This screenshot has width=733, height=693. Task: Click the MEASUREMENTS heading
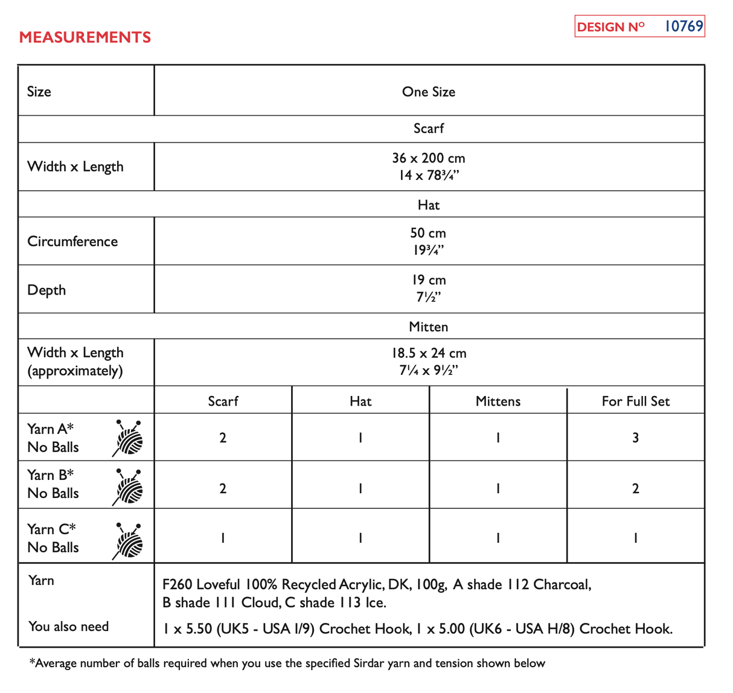(x=85, y=37)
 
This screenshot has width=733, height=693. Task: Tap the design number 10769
(x=683, y=27)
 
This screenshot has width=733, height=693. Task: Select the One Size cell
(x=428, y=92)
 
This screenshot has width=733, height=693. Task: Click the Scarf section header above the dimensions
(x=428, y=129)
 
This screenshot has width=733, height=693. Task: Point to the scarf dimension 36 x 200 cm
(x=428, y=158)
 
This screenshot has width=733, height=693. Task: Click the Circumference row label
(x=72, y=241)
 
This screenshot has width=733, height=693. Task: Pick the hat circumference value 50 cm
(x=428, y=233)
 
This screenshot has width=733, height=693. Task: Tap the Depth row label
(x=46, y=290)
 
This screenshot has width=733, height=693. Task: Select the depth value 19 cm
(x=428, y=280)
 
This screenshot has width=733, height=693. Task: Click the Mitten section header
(x=428, y=327)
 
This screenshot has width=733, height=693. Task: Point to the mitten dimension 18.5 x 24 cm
(x=428, y=353)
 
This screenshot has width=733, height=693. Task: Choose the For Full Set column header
(x=635, y=401)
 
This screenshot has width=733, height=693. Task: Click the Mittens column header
(x=498, y=401)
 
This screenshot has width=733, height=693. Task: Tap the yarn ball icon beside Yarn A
(x=129, y=438)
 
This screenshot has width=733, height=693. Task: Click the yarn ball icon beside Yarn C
(x=129, y=540)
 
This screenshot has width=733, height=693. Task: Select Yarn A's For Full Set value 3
(x=635, y=438)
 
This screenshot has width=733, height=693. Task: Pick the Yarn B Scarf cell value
(x=223, y=488)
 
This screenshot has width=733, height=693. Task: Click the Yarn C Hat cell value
(x=360, y=538)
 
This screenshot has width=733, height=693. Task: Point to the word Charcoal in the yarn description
(x=562, y=584)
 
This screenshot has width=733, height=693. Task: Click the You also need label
(x=68, y=627)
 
